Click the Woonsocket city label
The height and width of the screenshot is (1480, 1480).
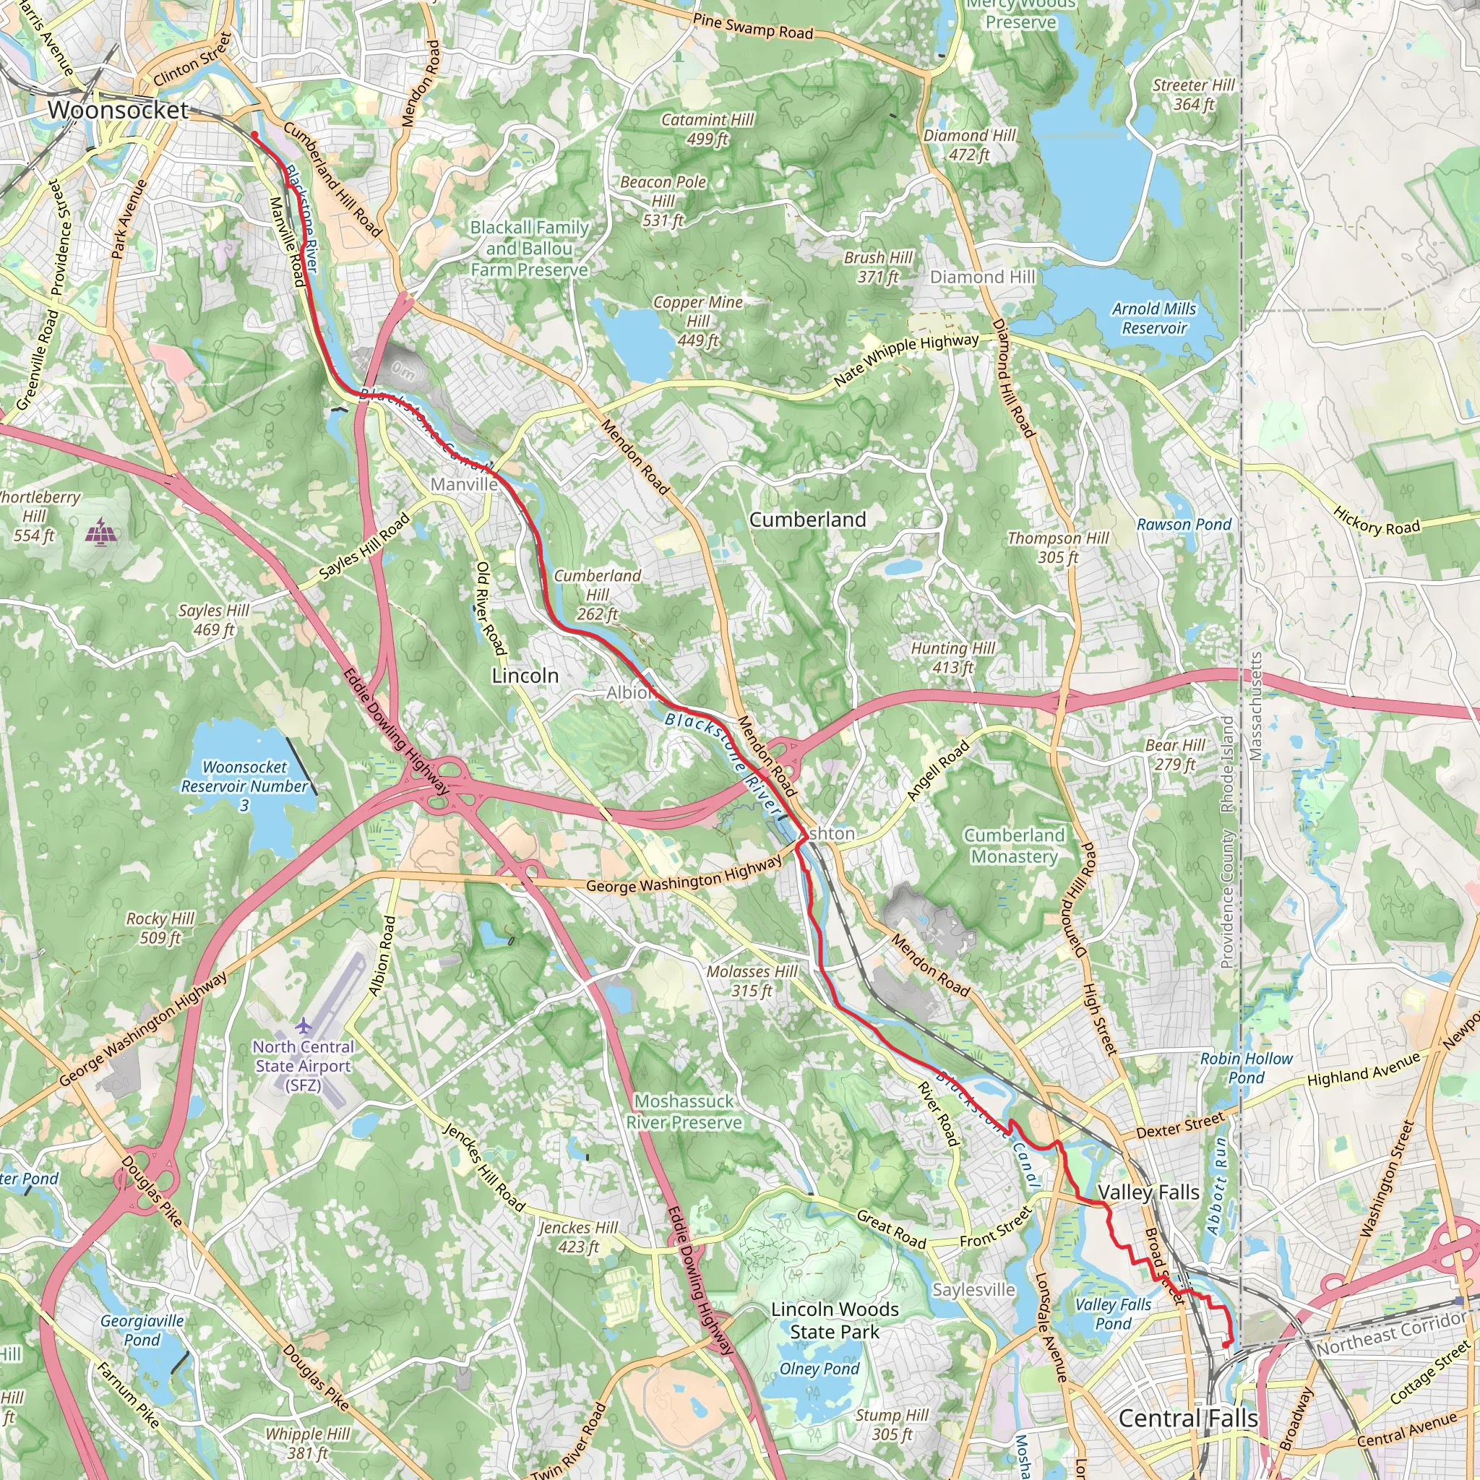118,110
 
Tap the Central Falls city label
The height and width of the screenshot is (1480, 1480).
1187,1418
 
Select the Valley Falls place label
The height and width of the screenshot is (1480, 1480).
1148,1192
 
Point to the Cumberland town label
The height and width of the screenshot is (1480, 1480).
807,520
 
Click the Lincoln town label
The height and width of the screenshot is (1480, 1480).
525,676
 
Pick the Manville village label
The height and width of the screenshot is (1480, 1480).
463,484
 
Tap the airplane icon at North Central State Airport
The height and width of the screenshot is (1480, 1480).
304,1025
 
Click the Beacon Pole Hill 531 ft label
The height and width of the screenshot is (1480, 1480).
663,202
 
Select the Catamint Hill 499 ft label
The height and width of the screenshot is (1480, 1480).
707,129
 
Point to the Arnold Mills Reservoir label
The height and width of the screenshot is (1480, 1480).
1153,318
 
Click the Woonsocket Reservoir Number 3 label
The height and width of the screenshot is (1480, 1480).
244,786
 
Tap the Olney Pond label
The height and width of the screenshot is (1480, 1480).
819,1368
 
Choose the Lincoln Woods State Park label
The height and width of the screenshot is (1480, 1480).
835,1321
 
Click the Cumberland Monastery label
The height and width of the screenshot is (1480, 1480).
1014,846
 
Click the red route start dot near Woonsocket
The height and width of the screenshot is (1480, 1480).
254,135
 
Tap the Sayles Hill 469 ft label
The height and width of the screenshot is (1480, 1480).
214,620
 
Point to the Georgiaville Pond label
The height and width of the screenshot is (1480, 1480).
142,1330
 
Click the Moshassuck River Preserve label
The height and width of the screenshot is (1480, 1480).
684,1111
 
